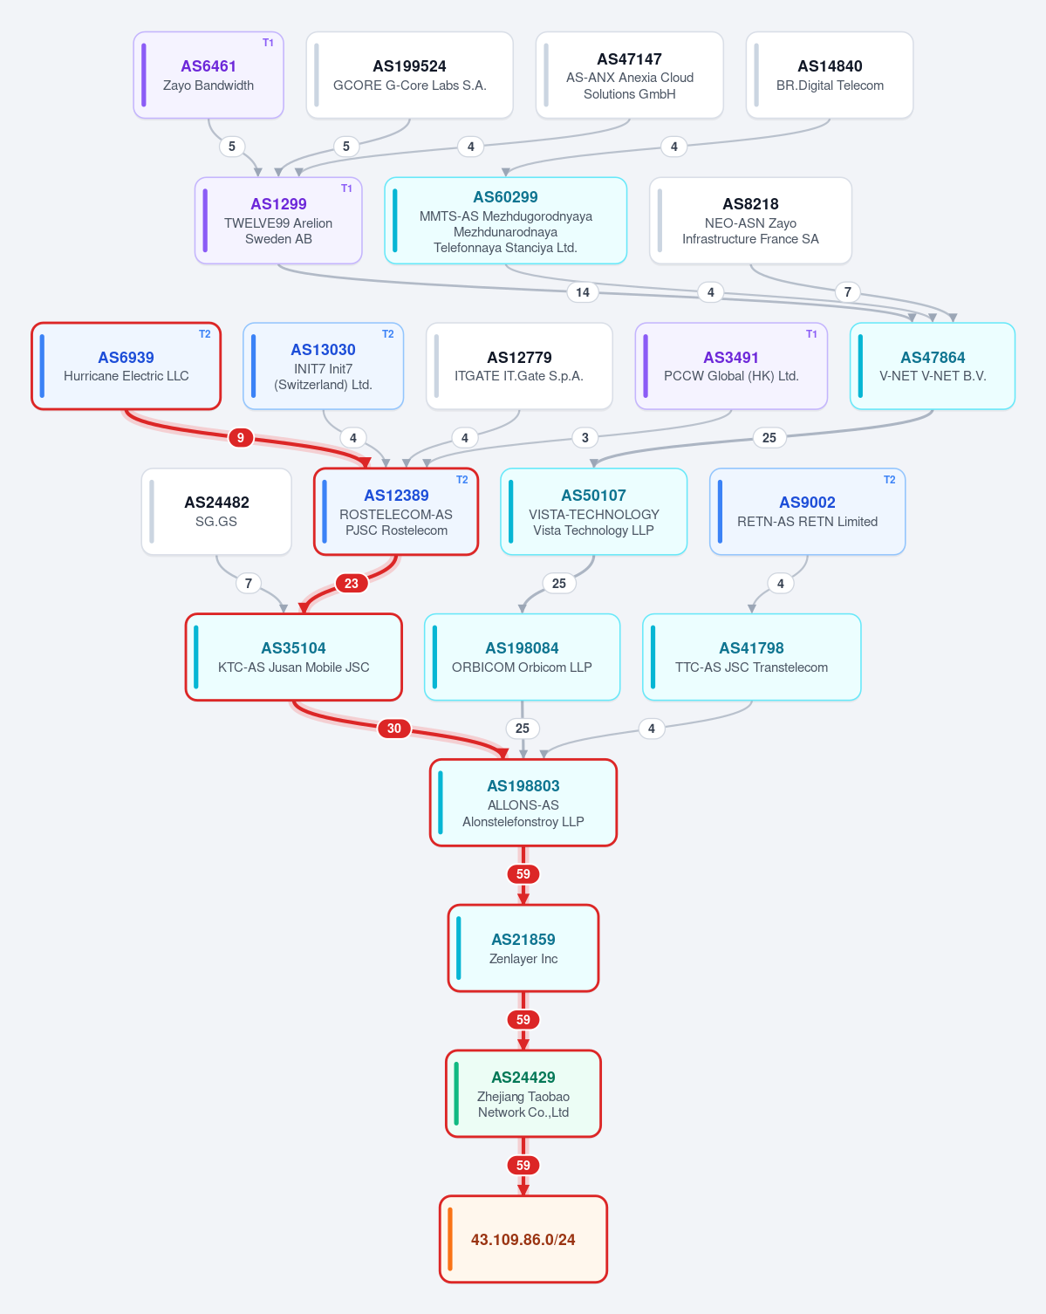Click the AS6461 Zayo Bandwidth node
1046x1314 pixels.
(x=209, y=75)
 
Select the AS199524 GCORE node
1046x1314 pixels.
(x=409, y=75)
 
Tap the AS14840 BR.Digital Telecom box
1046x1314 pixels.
(x=830, y=75)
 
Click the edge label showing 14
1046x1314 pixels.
(x=583, y=292)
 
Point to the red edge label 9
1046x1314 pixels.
(x=241, y=438)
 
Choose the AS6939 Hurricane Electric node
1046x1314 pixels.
(x=126, y=366)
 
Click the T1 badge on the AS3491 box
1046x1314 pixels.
(x=811, y=334)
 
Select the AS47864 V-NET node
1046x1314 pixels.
(x=933, y=366)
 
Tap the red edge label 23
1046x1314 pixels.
(x=351, y=583)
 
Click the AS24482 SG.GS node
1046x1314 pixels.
(x=216, y=511)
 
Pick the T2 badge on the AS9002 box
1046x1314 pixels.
(x=889, y=480)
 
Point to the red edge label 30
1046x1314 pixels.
(x=393, y=729)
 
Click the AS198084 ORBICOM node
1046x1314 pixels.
(x=522, y=657)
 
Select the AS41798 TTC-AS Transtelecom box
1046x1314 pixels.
(x=752, y=657)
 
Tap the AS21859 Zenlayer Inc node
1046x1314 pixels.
(x=523, y=948)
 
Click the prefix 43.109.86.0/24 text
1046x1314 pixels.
(x=523, y=1240)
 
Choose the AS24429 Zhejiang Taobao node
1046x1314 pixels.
(x=523, y=1093)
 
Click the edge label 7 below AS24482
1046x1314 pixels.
(x=248, y=583)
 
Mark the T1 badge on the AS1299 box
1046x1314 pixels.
(x=346, y=188)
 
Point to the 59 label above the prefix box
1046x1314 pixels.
(x=523, y=1165)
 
